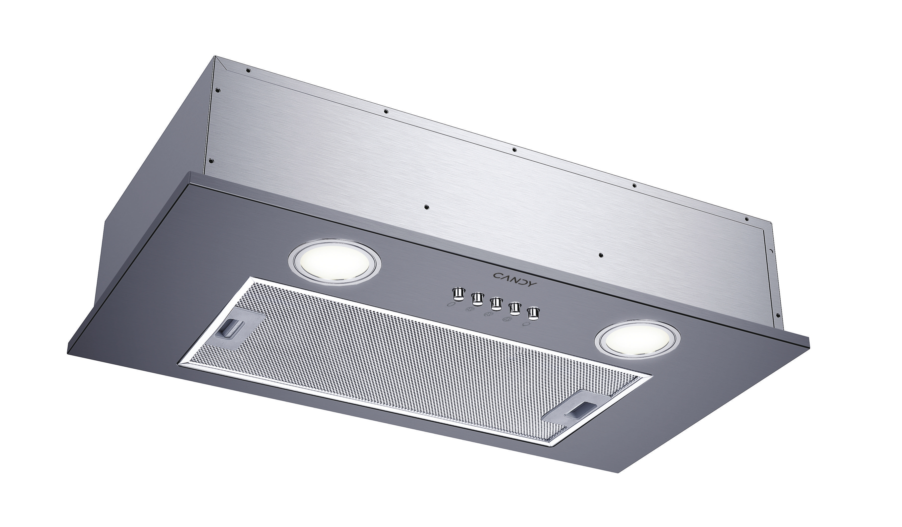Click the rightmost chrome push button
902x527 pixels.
[x=533, y=313]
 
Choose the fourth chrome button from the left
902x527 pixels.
[x=514, y=308]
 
